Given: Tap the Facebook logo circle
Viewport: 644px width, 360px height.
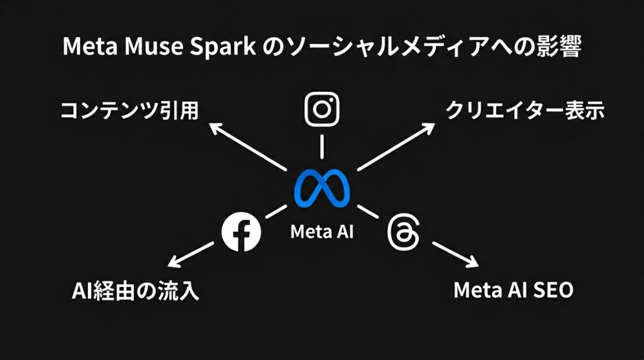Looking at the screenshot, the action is pyautogui.click(x=241, y=232).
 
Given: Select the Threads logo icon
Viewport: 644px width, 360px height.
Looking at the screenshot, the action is pyautogui.click(x=403, y=232).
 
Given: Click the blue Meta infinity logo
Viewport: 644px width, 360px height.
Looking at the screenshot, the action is pyautogui.click(x=322, y=188).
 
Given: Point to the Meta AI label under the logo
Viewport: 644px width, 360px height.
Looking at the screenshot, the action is pyautogui.click(x=322, y=232).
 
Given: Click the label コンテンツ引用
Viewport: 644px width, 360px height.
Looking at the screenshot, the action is pyautogui.click(x=130, y=111).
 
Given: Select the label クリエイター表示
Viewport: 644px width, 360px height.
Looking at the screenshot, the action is pyautogui.click(x=525, y=111).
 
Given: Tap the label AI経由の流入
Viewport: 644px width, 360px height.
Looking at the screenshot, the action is pyautogui.click(x=135, y=291).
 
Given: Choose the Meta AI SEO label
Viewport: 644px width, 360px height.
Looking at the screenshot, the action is pyautogui.click(x=513, y=290).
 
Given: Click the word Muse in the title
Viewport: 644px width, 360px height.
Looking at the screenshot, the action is pyautogui.click(x=153, y=46).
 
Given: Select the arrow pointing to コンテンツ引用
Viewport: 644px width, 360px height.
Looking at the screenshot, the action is pyautogui.click(x=248, y=147).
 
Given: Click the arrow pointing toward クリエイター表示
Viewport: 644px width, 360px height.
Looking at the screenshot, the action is pyautogui.click(x=396, y=146).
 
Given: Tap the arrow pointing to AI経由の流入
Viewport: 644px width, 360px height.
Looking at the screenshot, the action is pyautogui.click(x=191, y=255).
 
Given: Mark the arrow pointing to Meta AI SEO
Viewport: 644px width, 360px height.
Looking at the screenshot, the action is pyautogui.click(x=455, y=255).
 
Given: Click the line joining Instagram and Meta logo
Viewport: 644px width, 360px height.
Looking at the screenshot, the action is pyautogui.click(x=321, y=147).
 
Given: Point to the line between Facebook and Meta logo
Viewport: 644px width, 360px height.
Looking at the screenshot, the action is pyautogui.click(x=276, y=211).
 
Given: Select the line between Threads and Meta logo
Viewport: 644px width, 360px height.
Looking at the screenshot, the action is pyautogui.click(x=367, y=211).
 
